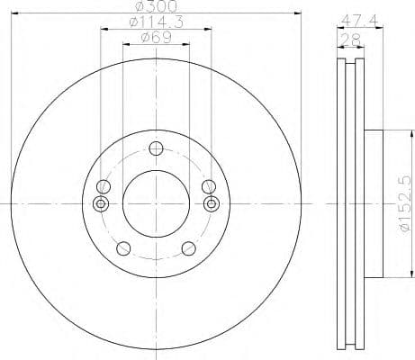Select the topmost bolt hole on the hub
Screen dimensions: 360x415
coord(157,149)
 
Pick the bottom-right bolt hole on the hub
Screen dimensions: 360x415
coord(187,249)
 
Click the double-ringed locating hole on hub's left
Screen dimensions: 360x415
coord(101,202)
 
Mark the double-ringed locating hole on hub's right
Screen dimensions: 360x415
coord(212,202)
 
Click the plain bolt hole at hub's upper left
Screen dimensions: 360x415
coord(104,186)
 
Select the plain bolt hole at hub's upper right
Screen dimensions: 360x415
coord(210,186)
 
